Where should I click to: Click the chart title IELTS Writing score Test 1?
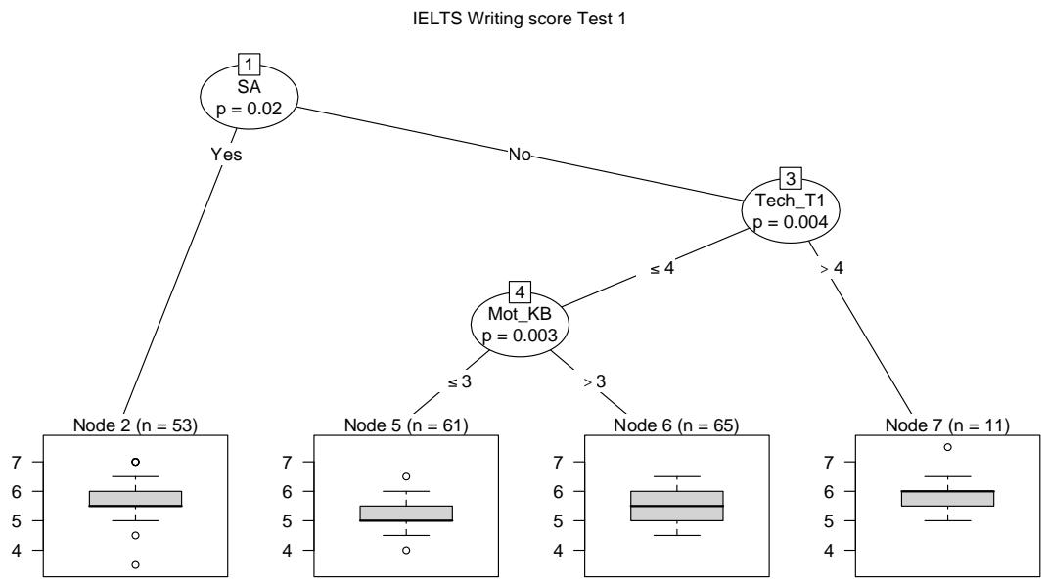point(519,19)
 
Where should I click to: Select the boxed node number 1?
point(250,65)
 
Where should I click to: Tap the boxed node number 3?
point(791,178)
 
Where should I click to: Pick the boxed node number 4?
point(520,291)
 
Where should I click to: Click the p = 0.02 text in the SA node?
point(250,109)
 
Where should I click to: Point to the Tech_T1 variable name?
point(791,201)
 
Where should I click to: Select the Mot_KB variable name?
point(520,314)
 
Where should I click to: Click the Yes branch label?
point(226,155)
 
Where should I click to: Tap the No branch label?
point(520,155)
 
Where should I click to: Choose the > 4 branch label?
point(832,268)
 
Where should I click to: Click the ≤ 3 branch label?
point(459,381)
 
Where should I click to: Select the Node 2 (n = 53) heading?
point(136,425)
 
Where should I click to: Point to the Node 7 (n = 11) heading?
point(947,425)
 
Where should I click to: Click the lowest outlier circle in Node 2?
point(136,564)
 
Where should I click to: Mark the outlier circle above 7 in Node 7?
point(947,446)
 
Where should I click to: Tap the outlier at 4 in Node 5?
point(406,550)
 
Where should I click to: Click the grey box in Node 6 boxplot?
point(677,506)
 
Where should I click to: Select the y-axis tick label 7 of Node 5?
point(287,462)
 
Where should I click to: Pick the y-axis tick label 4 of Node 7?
point(829,551)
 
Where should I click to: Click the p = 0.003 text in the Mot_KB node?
point(520,336)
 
